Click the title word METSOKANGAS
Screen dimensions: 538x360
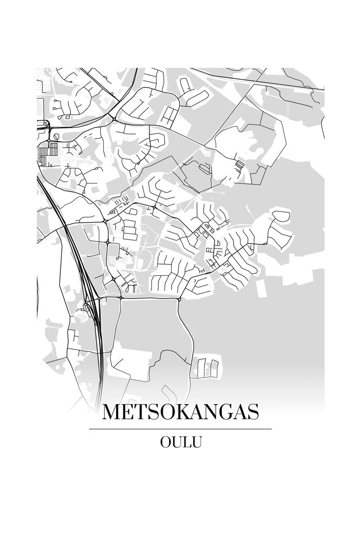180,412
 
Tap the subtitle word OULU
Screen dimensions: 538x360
180,442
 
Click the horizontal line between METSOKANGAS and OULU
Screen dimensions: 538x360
180,429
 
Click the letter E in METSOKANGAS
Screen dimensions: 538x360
129,412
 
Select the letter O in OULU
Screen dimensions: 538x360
166,442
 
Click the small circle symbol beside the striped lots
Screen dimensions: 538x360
56,136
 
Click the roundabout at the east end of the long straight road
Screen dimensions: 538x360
179,299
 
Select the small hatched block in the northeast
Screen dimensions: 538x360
239,166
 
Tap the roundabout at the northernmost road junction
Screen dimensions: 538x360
114,119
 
